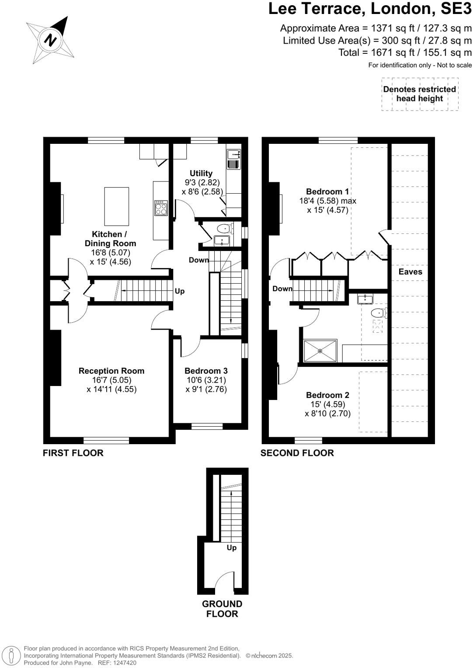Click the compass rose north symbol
pyautogui.click(x=51, y=40)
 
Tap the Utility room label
pyautogui.click(x=201, y=174)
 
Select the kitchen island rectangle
pyautogui.click(x=116, y=206)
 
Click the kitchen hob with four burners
pyautogui.click(x=161, y=208)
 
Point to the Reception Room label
pyautogui.click(x=111, y=371)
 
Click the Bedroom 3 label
pyautogui.click(x=206, y=371)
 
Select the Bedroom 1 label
pyautogui.click(x=327, y=191)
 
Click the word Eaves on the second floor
pyautogui.click(x=410, y=271)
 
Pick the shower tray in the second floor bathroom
pyautogui.click(x=320, y=351)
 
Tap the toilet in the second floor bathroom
pyautogui.click(x=378, y=313)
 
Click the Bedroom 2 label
pyautogui.click(x=327, y=395)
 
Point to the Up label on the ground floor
pyautogui.click(x=231, y=548)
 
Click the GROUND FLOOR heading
pyautogui.click(x=222, y=609)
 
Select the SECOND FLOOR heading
pyautogui.click(x=297, y=453)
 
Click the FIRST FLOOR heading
pyautogui.click(x=73, y=453)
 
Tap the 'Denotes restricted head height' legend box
pyautogui.click(x=420, y=94)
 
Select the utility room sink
pyautogui.click(x=233, y=154)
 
